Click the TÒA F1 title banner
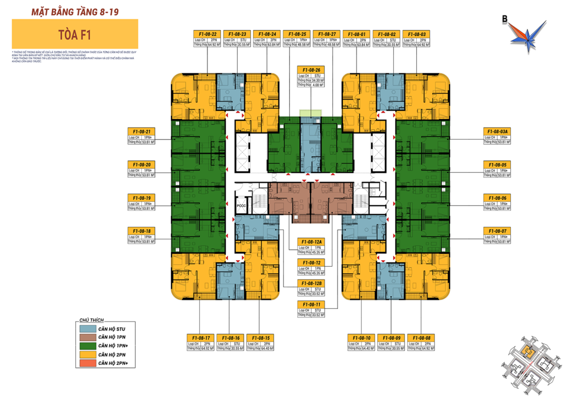75,34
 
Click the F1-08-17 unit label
201,338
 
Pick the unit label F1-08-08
422,338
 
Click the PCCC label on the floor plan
241,207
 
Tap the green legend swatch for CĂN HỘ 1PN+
87,347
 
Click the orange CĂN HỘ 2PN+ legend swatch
87,363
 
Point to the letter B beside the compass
505,20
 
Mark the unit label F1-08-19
142,198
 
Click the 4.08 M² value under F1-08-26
317,85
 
